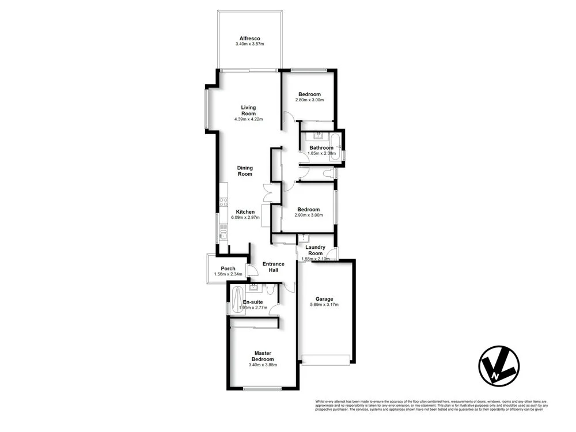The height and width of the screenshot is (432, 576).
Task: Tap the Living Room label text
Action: (x=248, y=111)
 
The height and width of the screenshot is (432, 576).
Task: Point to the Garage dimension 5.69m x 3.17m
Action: (x=324, y=305)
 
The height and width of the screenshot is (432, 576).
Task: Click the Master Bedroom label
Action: (x=263, y=356)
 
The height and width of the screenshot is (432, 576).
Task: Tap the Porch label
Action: (x=228, y=268)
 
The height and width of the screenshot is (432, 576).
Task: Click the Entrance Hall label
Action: (x=274, y=267)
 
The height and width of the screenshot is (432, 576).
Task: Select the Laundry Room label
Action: (x=315, y=251)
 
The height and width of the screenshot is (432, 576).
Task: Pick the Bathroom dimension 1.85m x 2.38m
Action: (x=321, y=154)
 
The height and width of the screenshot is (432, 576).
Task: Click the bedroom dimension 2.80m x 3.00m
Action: (x=309, y=100)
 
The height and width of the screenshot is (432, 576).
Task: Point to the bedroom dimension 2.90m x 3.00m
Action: (x=308, y=215)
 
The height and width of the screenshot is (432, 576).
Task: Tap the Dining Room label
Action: (x=245, y=171)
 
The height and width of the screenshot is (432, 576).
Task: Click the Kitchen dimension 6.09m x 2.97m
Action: (x=245, y=218)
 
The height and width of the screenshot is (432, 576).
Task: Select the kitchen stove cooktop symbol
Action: (x=223, y=202)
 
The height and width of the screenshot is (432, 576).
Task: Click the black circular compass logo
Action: (x=499, y=365)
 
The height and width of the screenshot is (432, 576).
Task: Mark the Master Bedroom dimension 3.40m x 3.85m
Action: (x=263, y=365)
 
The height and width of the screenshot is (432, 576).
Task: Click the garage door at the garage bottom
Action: (x=326, y=361)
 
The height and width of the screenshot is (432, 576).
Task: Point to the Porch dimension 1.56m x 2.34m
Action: (x=228, y=274)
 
